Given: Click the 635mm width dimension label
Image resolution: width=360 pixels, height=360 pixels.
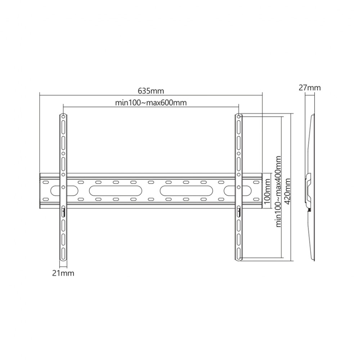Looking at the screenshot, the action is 151,91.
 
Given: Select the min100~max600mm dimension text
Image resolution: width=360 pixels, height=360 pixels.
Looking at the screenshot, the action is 151,102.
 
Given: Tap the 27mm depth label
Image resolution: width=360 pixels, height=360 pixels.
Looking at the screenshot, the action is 310,87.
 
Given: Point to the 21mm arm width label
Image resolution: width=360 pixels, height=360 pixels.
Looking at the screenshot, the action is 63,273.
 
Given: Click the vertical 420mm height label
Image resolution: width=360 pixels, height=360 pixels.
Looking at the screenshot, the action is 287,192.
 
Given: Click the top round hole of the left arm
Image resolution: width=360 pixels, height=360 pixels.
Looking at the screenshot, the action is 63,116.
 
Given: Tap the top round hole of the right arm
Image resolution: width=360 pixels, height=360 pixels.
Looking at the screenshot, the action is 239,116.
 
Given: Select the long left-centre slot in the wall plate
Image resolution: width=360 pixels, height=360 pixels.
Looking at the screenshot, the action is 116,190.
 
